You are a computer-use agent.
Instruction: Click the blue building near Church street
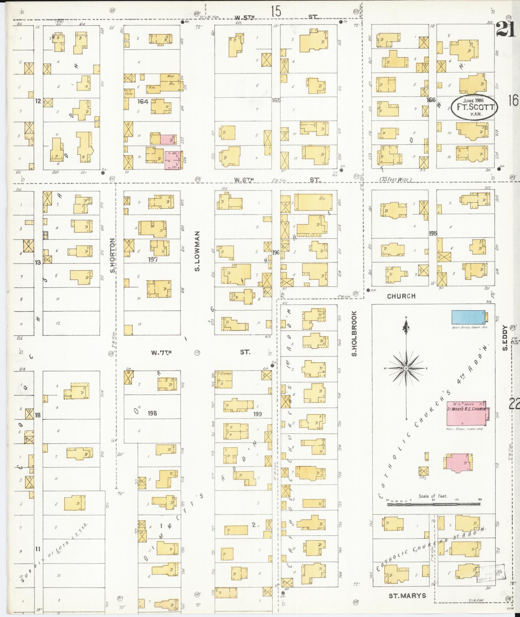(468, 317)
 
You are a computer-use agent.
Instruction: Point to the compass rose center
(406, 368)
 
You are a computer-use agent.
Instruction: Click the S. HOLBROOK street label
(354, 333)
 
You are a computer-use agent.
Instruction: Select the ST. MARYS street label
(407, 596)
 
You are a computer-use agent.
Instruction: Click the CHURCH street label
(401, 296)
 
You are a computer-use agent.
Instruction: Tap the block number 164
(142, 102)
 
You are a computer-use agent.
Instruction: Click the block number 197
(152, 259)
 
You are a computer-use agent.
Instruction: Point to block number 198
(152, 413)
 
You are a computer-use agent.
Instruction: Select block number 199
(258, 414)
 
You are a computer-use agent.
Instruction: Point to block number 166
(431, 100)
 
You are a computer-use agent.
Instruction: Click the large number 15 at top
(276, 12)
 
